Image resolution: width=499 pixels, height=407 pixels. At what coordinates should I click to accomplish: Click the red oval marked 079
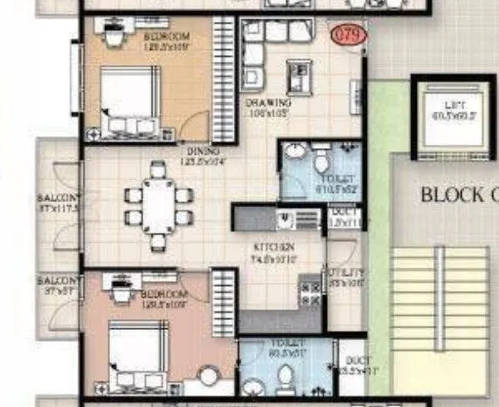(345, 36)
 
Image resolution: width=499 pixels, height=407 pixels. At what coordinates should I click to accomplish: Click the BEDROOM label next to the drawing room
(166, 38)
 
